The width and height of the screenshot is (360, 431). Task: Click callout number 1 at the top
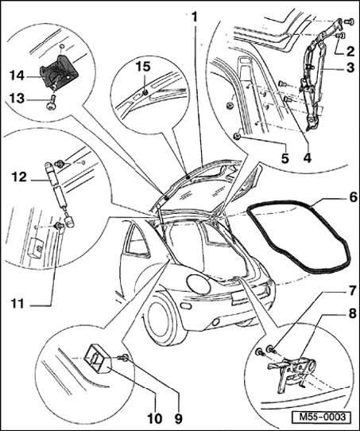coord(195,17)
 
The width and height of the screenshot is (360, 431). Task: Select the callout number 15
coord(143,67)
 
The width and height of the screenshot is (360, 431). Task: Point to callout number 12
coord(19,177)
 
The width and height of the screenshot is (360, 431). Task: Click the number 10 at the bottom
coord(155,419)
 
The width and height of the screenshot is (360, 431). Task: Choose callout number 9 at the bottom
coord(178,419)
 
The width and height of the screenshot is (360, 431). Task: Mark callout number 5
coord(285,158)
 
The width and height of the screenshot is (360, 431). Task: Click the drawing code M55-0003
coord(322,417)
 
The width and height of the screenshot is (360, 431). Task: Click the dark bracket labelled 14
coord(59,72)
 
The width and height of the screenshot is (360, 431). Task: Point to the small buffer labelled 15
coord(145,94)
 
